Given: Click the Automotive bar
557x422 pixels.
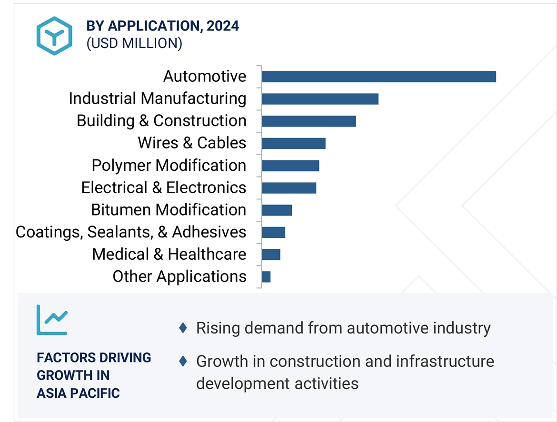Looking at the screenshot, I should (x=378, y=77).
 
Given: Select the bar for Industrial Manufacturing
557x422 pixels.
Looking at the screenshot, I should (x=320, y=99).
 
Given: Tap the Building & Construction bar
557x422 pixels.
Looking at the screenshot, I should (x=308, y=121).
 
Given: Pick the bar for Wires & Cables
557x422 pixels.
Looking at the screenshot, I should (x=293, y=143).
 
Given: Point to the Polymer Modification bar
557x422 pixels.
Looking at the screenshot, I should (x=290, y=166).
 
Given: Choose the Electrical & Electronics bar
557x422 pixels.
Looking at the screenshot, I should (x=289, y=188).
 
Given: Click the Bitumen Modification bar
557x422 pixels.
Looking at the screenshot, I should (x=277, y=210).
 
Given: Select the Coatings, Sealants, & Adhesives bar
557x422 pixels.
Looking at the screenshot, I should (x=273, y=232).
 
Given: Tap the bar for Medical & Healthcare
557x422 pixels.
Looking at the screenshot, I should (x=271, y=255).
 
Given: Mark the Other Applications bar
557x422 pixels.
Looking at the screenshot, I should (x=266, y=277).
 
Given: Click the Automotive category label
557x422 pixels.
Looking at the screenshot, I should (x=205, y=76).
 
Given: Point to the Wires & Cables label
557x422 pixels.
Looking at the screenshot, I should (x=192, y=143).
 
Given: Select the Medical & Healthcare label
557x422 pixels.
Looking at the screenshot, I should (x=169, y=254).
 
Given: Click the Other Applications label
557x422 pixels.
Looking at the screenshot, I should (x=179, y=276).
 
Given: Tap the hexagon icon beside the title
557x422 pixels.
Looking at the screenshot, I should (x=54, y=36).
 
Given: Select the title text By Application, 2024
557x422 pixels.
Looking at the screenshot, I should (x=162, y=26).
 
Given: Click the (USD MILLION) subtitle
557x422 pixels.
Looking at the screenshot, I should (x=134, y=43).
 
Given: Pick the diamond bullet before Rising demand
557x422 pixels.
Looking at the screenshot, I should (x=183, y=328).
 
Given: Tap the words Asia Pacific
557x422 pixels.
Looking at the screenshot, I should (x=79, y=393).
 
